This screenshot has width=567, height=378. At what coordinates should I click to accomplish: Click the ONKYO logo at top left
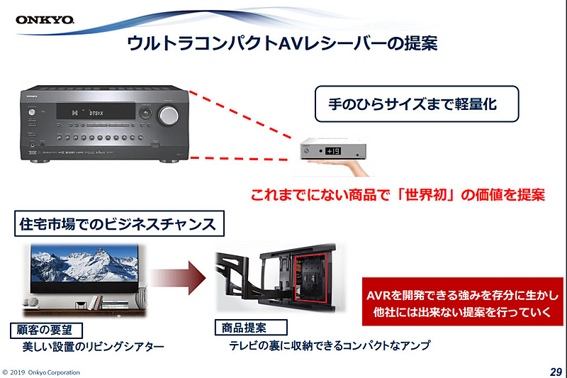click(x=45, y=18)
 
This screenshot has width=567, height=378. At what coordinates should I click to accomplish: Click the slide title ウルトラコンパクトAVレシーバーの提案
click(x=282, y=44)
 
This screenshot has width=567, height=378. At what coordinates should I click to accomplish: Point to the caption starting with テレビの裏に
click(x=329, y=346)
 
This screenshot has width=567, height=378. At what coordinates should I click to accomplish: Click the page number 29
click(x=555, y=372)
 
